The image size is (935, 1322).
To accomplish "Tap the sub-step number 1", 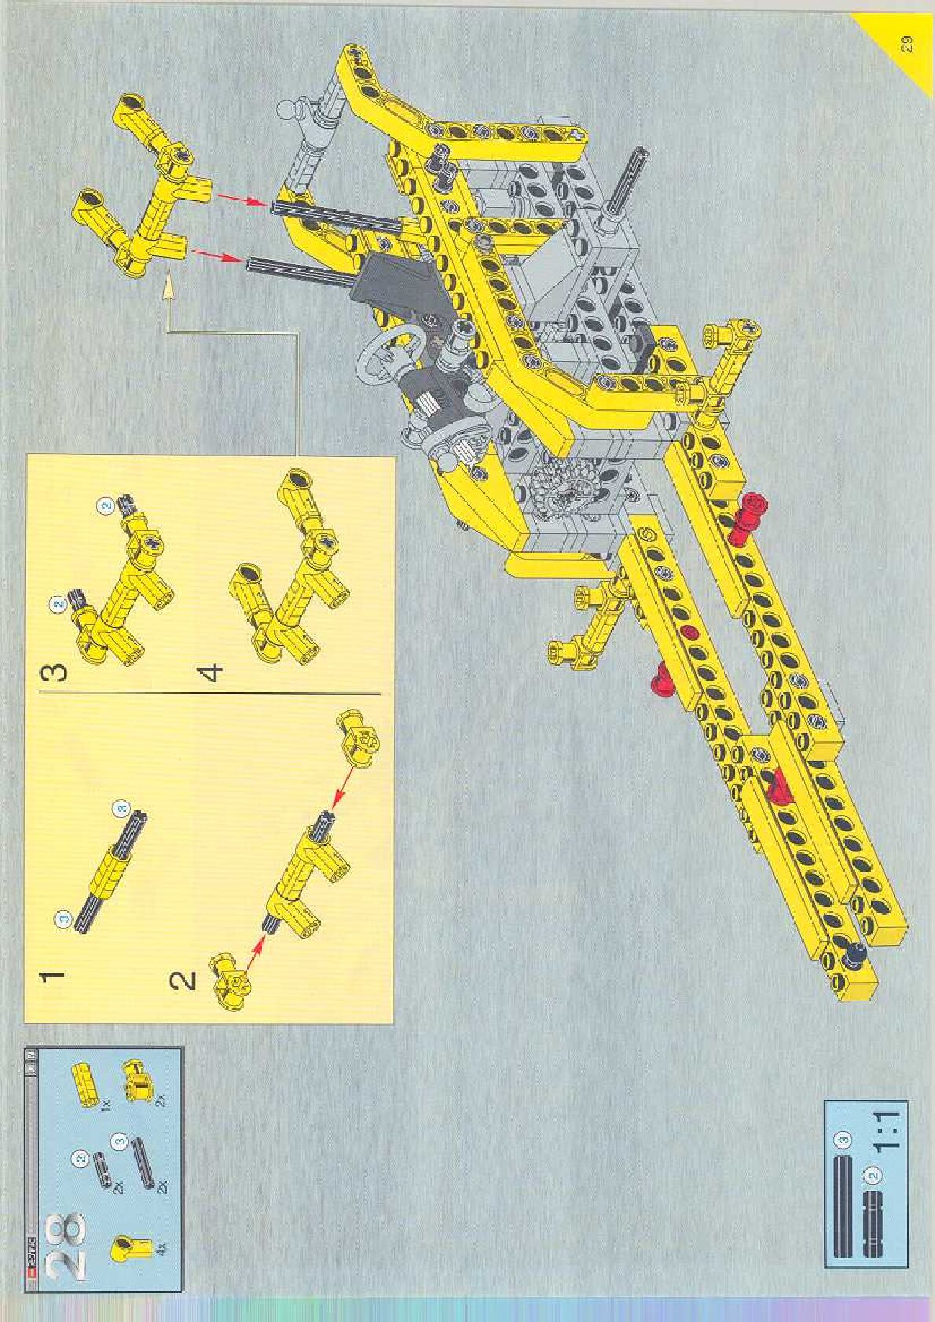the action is tap(52, 976).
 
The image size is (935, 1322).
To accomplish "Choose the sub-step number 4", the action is tap(212, 673).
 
